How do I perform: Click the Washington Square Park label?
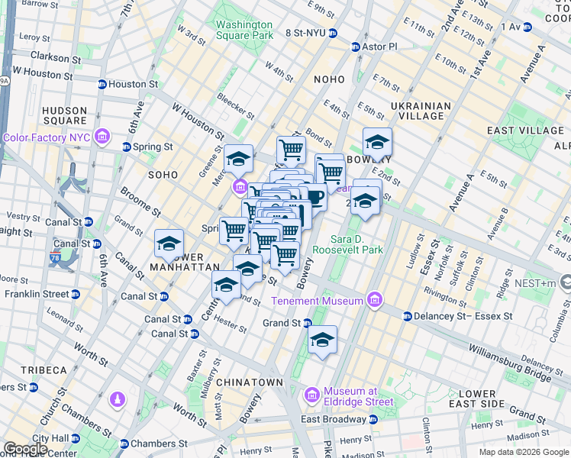tap(244, 29)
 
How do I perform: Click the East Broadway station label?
tap(333, 419)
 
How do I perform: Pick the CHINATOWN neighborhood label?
tap(250, 382)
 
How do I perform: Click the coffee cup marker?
tap(315, 198)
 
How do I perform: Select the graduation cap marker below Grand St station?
tap(322, 339)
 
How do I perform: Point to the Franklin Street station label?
tap(37, 294)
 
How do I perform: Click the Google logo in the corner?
tap(25, 449)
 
